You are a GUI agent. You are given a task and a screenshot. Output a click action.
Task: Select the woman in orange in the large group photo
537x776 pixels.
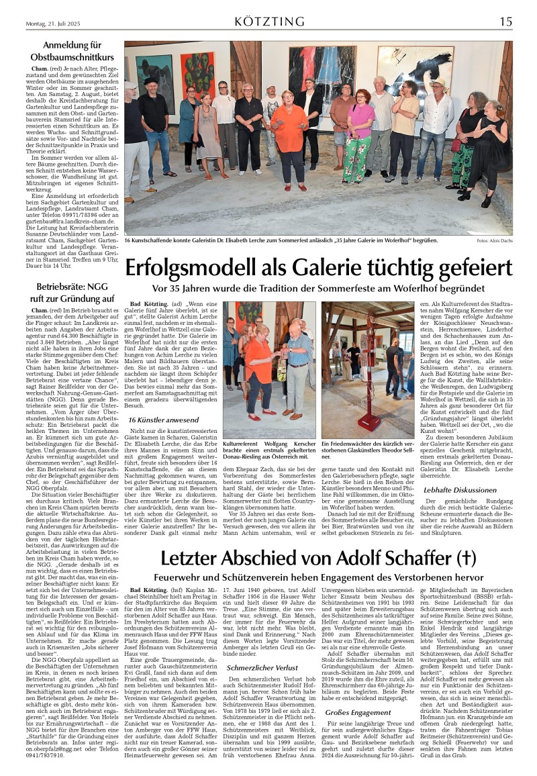[x=289, y=134]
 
